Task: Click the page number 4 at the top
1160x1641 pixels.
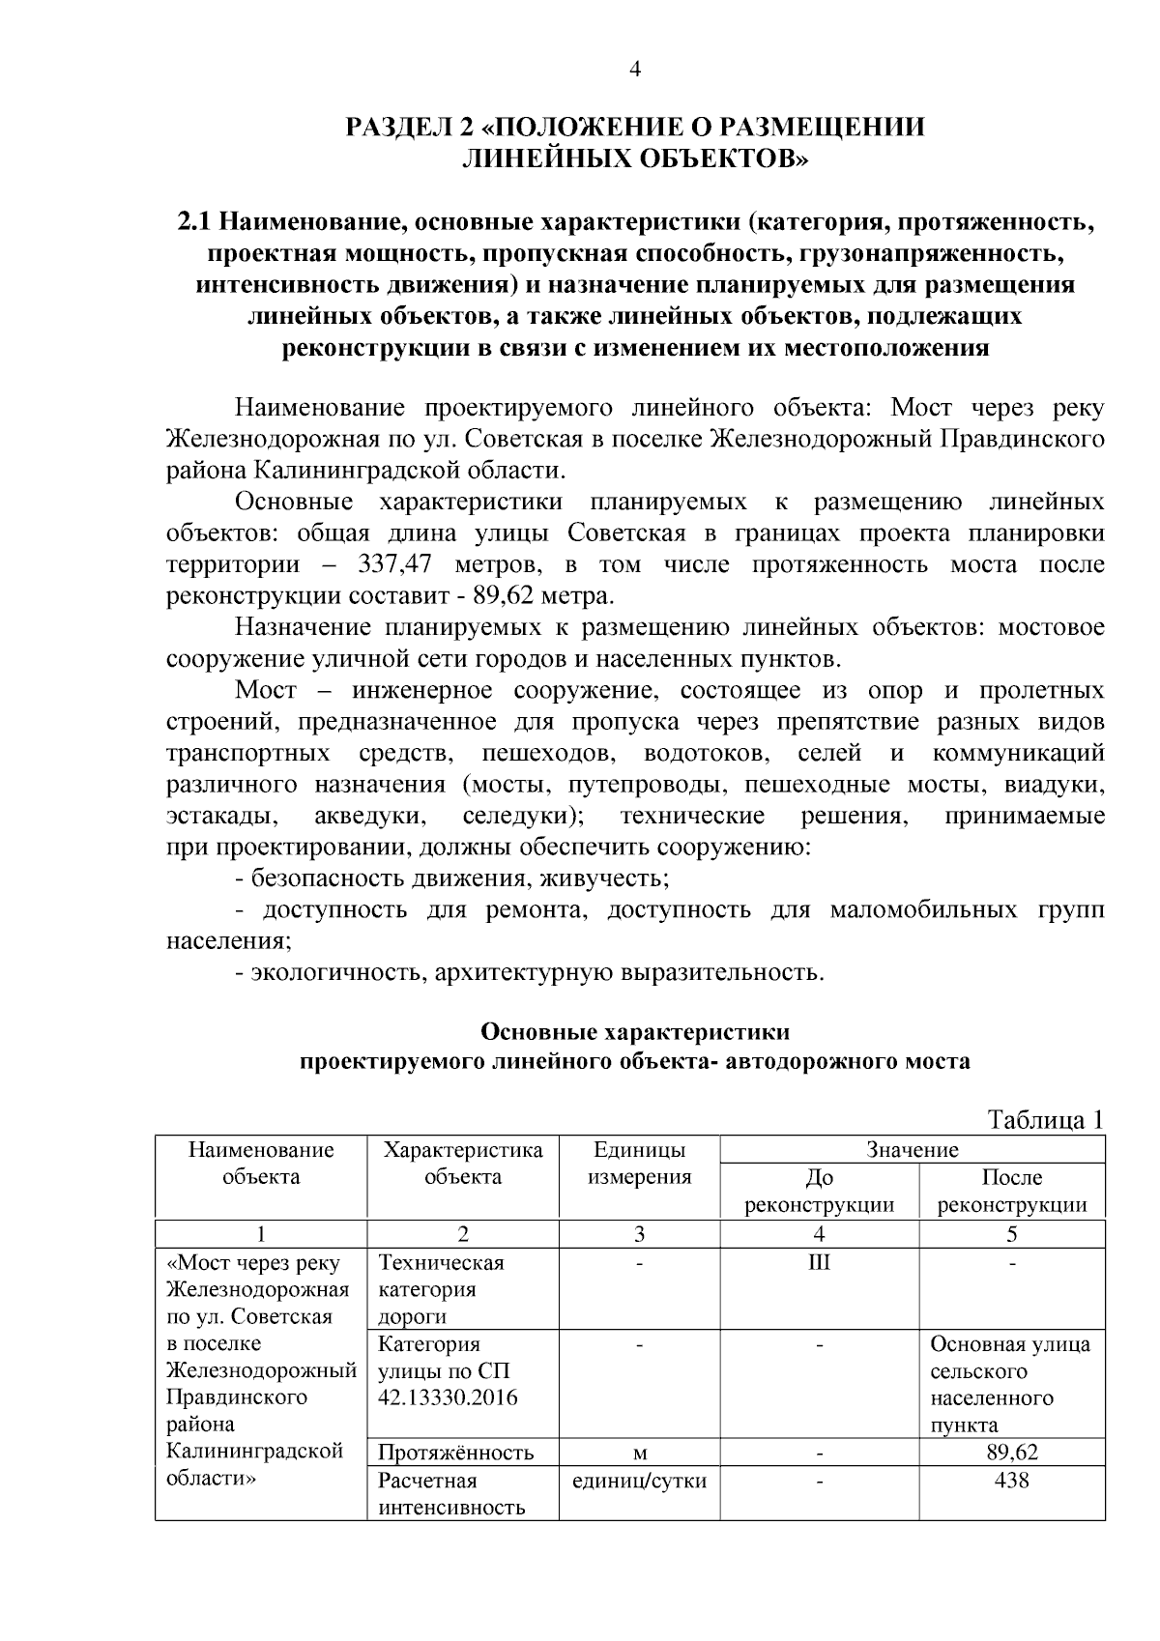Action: tap(635, 69)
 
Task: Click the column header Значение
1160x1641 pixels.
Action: tap(913, 1149)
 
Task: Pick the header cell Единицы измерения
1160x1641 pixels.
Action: tap(639, 1163)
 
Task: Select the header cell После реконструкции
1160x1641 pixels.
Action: tap(1011, 1191)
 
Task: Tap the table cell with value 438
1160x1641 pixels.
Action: tap(1011, 1480)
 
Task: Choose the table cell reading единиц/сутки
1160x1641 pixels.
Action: tap(639, 1481)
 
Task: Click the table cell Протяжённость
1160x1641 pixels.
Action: tap(455, 1453)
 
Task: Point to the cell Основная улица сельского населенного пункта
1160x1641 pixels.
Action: tap(1010, 1384)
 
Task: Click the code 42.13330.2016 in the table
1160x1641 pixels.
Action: tap(448, 1397)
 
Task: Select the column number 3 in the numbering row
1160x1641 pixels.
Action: tap(639, 1234)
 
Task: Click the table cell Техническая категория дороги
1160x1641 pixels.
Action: tap(441, 1289)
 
